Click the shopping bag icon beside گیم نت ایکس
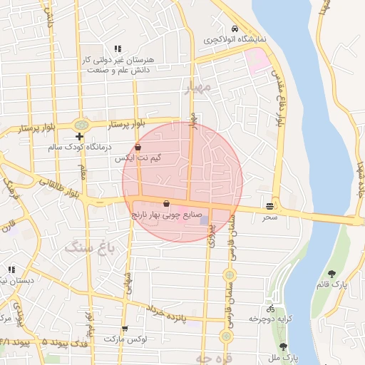(x=148, y=148)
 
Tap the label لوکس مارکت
(x=125, y=339)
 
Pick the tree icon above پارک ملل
(x=283, y=346)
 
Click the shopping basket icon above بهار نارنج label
(x=166, y=202)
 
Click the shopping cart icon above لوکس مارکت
(x=125, y=329)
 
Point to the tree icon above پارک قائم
(x=332, y=273)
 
